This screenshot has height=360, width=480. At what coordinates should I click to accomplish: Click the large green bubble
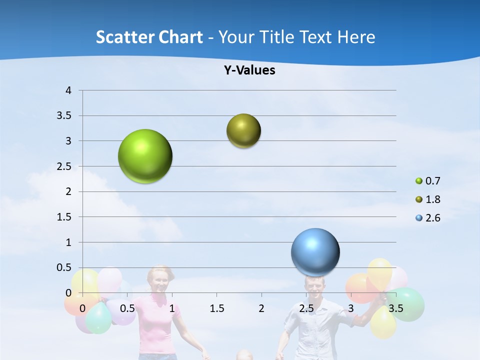tap(145, 156)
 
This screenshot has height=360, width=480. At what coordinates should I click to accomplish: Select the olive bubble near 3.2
tap(243, 130)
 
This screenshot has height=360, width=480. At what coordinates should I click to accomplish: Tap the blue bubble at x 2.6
tap(315, 252)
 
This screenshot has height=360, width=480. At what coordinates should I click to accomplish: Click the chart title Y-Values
tap(249, 70)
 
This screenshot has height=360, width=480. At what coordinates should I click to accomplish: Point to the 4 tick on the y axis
tap(68, 90)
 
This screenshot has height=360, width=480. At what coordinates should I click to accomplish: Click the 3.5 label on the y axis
tap(65, 115)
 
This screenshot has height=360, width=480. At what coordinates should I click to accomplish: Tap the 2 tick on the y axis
tap(68, 191)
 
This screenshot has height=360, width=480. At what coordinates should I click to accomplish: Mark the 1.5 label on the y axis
tap(65, 217)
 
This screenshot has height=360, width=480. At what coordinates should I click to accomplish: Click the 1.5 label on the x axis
tap(217, 308)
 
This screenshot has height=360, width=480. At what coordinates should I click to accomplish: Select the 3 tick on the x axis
tap(351, 308)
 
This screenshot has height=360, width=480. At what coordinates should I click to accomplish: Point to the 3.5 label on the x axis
tap(395, 308)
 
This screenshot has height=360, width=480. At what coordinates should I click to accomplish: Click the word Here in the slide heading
tap(356, 37)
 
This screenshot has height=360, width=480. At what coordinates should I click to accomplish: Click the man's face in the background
tap(314, 287)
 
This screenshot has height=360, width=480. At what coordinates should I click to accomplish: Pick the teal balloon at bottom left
tap(99, 318)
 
